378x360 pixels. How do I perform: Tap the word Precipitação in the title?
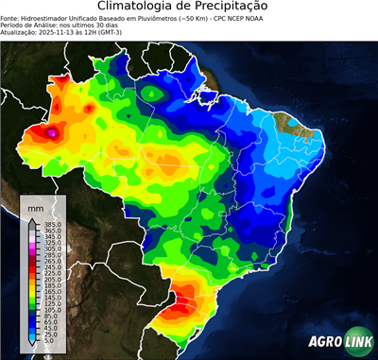pyautogui.click(x=240, y=7)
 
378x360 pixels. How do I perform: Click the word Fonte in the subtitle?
pyautogui.click(x=10, y=17)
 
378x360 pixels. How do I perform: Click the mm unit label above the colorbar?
pyautogui.click(x=35, y=207)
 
